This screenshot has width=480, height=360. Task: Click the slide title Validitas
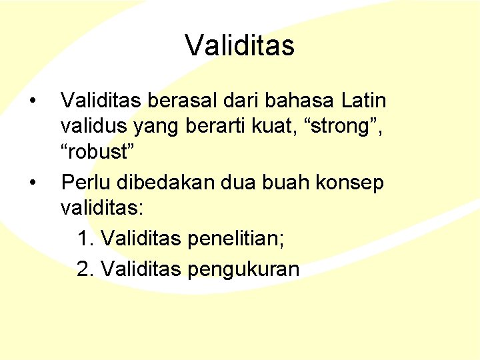point(239,46)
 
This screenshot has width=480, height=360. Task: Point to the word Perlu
point(80,181)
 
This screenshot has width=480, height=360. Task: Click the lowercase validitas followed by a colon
point(102,207)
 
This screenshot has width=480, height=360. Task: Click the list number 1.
point(83,238)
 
